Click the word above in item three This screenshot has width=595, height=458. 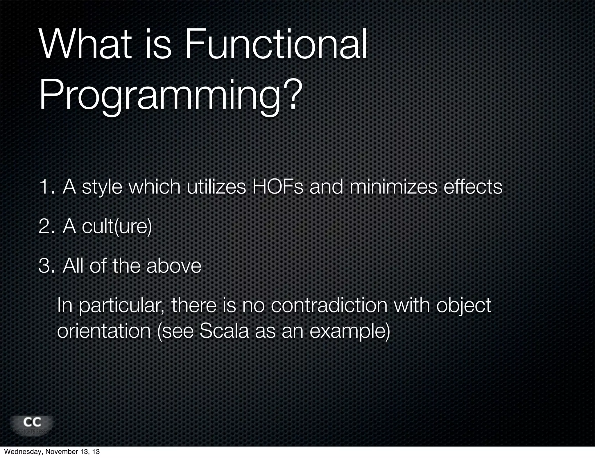point(173,266)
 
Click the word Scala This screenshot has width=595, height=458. point(224,331)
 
